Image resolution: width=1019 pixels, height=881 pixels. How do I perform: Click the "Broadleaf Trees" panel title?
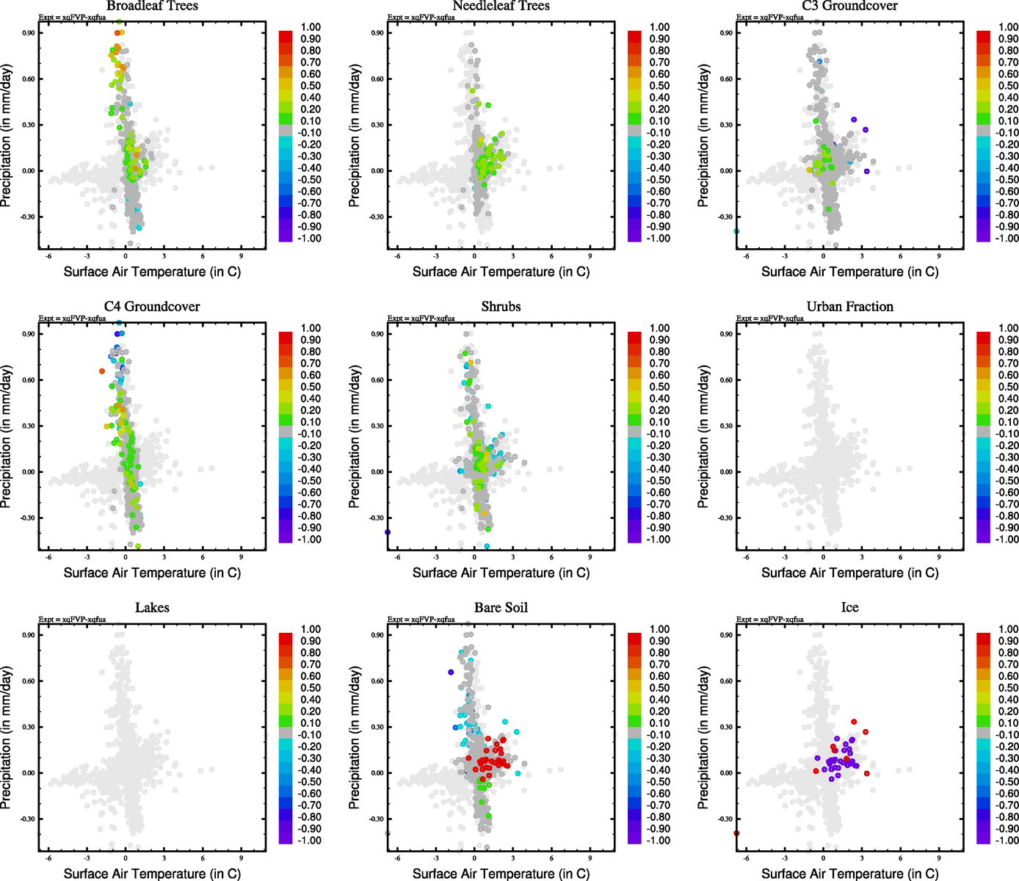click(x=152, y=6)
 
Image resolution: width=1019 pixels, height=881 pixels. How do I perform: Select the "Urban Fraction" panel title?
click(x=849, y=307)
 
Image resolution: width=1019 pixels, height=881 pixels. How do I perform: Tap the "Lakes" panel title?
click(x=152, y=608)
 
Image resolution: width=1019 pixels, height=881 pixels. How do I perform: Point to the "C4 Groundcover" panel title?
click(x=152, y=307)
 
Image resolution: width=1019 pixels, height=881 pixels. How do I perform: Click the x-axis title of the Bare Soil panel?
click(x=501, y=874)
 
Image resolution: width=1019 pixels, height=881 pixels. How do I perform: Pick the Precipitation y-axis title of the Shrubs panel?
click(x=355, y=437)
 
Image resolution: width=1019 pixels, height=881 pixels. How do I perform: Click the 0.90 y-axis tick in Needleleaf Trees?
click(x=377, y=33)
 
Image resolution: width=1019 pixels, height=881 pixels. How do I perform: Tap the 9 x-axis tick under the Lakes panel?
click(x=241, y=858)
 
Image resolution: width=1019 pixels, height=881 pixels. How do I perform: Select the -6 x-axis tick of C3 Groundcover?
click(x=746, y=256)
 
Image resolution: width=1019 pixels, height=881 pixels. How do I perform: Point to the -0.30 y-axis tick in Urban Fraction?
click(x=725, y=518)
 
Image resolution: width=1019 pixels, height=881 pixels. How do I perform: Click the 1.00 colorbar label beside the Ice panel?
click(x=1008, y=629)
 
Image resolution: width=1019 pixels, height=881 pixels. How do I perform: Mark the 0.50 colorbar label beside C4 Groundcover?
click(x=311, y=387)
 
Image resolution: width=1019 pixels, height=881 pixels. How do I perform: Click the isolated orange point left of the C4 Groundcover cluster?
click(x=102, y=371)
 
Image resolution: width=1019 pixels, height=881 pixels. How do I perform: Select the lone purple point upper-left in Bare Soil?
click(x=451, y=672)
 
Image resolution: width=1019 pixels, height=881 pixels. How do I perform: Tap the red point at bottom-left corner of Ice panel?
click(x=736, y=833)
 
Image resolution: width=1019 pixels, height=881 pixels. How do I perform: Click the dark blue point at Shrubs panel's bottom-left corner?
click(x=388, y=532)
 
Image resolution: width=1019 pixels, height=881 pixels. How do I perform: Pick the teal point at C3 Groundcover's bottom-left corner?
click(x=736, y=231)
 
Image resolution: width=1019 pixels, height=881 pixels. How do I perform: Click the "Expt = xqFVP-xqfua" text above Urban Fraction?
click(x=770, y=319)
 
